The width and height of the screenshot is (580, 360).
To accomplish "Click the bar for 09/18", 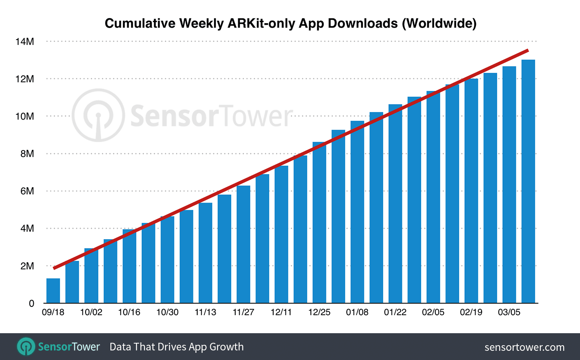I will (53, 291).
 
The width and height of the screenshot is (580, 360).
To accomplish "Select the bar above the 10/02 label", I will (91, 276).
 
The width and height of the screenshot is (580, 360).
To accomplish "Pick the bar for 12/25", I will (319, 222).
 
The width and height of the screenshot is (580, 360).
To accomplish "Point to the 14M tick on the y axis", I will (25, 42).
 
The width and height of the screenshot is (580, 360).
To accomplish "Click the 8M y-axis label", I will (27, 154).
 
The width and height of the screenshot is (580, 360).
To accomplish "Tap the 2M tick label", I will (27, 266).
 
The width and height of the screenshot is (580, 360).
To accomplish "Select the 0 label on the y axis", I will (32, 304).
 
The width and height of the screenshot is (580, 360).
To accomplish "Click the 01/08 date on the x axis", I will (357, 312).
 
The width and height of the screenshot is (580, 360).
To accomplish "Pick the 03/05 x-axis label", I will (509, 312).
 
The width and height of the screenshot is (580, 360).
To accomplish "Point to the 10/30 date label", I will (167, 312).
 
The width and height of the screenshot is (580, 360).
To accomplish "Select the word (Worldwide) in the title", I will (439, 24).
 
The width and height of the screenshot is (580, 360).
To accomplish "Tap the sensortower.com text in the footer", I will (524, 347).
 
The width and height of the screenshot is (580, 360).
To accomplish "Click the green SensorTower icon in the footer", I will (26, 346).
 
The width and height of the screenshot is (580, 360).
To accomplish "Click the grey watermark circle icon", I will (98, 115).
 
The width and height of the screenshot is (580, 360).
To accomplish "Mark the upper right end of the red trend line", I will (528, 50).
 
